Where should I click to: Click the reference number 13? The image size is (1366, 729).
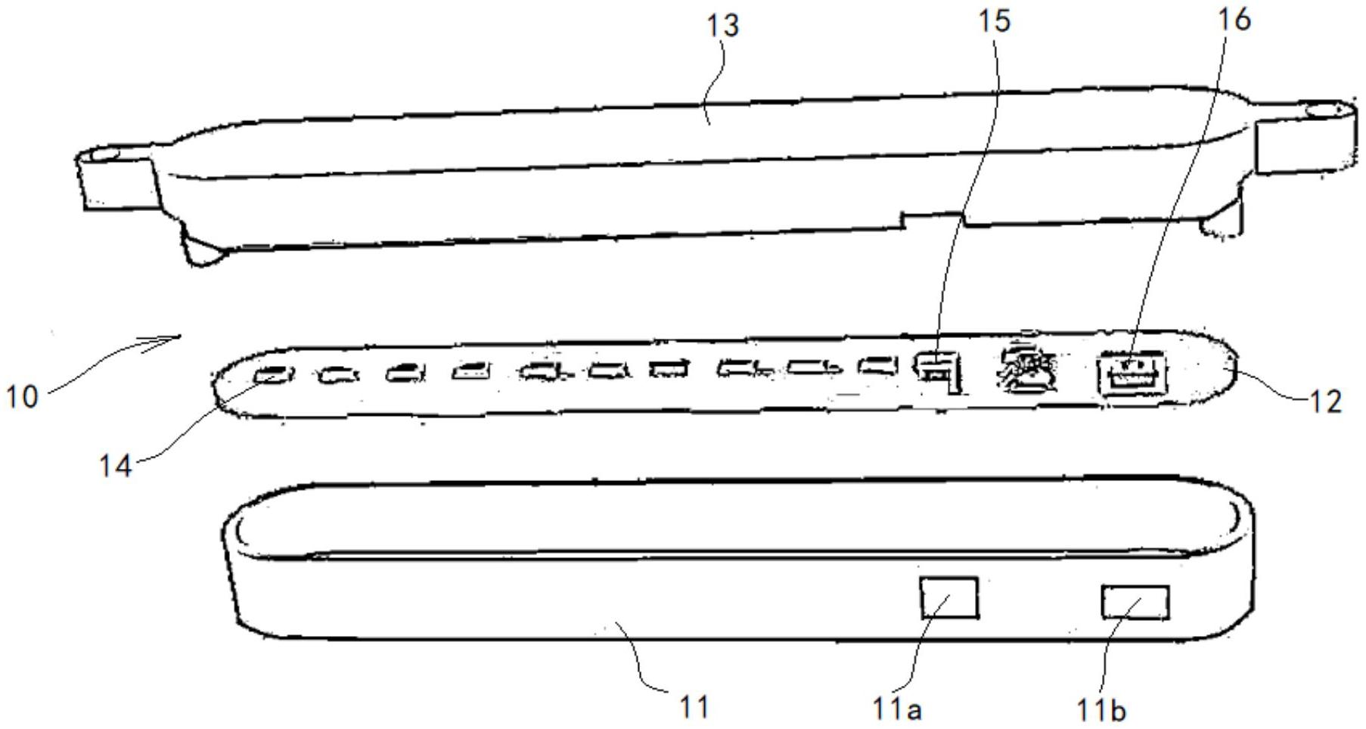click(x=722, y=26)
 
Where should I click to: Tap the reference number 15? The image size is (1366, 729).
click(x=994, y=21)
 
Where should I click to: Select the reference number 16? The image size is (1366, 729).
click(x=1234, y=20)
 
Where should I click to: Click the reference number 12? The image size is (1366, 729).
click(x=1324, y=401)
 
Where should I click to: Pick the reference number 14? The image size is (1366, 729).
click(x=115, y=465)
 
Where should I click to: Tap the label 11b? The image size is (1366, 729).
click(x=1101, y=709)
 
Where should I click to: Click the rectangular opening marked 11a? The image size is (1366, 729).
click(x=948, y=597)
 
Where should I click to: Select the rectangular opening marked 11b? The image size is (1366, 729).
click(x=1135, y=603)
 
